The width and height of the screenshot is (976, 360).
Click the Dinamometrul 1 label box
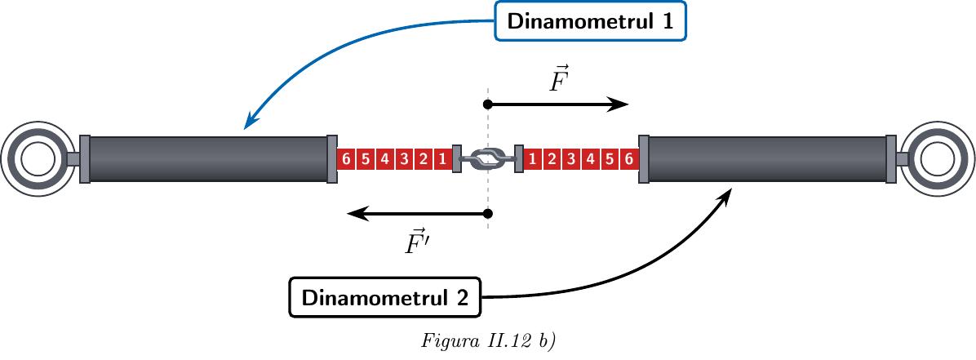click(590, 21)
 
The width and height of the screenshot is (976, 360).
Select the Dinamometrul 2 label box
click(384, 297)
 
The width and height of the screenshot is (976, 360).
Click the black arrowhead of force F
click(619, 104)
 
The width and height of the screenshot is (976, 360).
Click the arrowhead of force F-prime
click(358, 214)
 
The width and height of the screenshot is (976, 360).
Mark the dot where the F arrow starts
click(488, 104)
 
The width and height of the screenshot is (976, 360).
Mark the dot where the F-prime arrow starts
click(488, 214)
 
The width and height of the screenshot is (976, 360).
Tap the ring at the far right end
click(958, 159)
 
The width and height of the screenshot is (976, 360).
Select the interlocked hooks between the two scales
click(488, 159)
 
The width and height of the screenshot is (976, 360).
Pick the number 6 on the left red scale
click(346, 159)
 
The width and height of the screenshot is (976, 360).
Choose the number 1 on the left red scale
click(442, 159)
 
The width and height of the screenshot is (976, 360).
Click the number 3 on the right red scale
click(570, 159)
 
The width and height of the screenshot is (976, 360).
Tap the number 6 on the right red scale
click(629, 159)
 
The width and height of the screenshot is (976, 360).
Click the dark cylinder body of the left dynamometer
click(208, 159)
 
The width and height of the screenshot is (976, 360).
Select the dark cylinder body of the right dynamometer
click(767, 159)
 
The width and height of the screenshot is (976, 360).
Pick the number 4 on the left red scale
click(384, 159)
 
